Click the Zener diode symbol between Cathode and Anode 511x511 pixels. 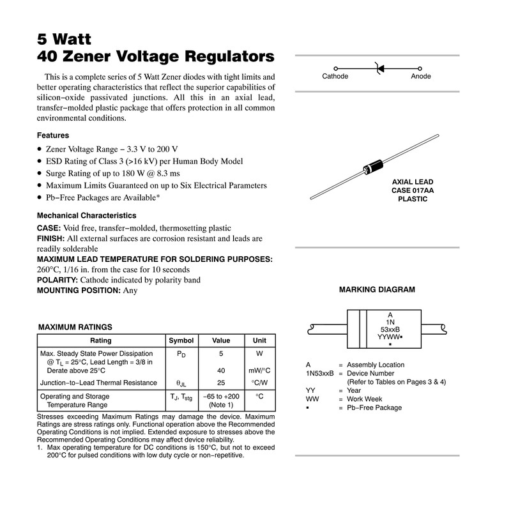[x=378, y=68]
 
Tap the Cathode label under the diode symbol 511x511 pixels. [x=335, y=77]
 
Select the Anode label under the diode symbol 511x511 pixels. [x=421, y=77]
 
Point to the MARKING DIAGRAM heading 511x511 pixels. [x=377, y=290]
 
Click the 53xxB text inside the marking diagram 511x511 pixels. [x=390, y=330]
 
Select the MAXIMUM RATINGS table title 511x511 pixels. [x=75, y=327]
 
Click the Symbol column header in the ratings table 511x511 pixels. [x=180, y=340]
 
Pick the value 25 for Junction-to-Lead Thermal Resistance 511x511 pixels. [x=221, y=383]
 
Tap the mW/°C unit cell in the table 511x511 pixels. [x=259, y=371]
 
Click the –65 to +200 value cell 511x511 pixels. [x=221, y=397]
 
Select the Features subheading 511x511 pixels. [x=53, y=135]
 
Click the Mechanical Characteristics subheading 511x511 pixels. [x=86, y=216]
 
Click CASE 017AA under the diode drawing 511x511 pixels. [x=412, y=190]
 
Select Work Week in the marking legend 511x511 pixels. [x=364, y=399]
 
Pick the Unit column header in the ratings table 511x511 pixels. [x=259, y=340]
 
